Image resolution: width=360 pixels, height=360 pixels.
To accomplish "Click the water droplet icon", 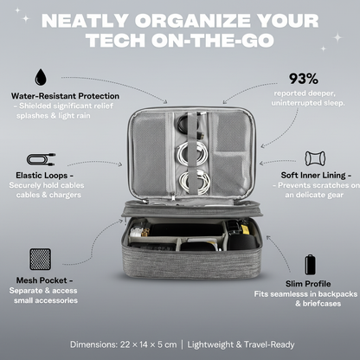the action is (41, 77).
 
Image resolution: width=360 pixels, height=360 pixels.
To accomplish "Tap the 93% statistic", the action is (304, 79).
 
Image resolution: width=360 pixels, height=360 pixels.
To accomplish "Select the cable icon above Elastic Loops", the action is (41, 160).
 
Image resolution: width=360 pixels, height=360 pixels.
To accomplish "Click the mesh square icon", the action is (41, 260).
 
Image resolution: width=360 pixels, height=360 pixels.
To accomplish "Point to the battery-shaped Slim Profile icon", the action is (310, 265).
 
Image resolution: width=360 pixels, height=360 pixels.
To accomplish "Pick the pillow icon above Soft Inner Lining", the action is (315, 158).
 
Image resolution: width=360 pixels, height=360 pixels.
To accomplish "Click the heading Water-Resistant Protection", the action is (65, 96).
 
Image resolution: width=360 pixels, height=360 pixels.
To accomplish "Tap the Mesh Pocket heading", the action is (44, 280).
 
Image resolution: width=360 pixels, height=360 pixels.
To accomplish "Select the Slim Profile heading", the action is (308, 284).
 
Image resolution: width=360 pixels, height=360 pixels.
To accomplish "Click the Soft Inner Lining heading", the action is (316, 176).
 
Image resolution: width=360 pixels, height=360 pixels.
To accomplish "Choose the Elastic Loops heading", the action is (45, 176).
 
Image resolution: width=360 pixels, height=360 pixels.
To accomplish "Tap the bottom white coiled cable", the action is (195, 183).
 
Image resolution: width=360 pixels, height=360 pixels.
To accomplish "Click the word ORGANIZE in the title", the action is (192, 21).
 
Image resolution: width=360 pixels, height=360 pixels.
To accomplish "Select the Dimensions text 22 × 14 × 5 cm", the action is (147, 344).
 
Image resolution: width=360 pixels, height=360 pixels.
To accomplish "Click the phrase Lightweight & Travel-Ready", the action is (241, 344).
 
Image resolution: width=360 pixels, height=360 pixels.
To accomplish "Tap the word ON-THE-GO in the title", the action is (212, 40).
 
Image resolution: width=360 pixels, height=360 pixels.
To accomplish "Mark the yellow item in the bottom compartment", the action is (245, 229).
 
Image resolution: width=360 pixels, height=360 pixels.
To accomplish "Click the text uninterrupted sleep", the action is (308, 103).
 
